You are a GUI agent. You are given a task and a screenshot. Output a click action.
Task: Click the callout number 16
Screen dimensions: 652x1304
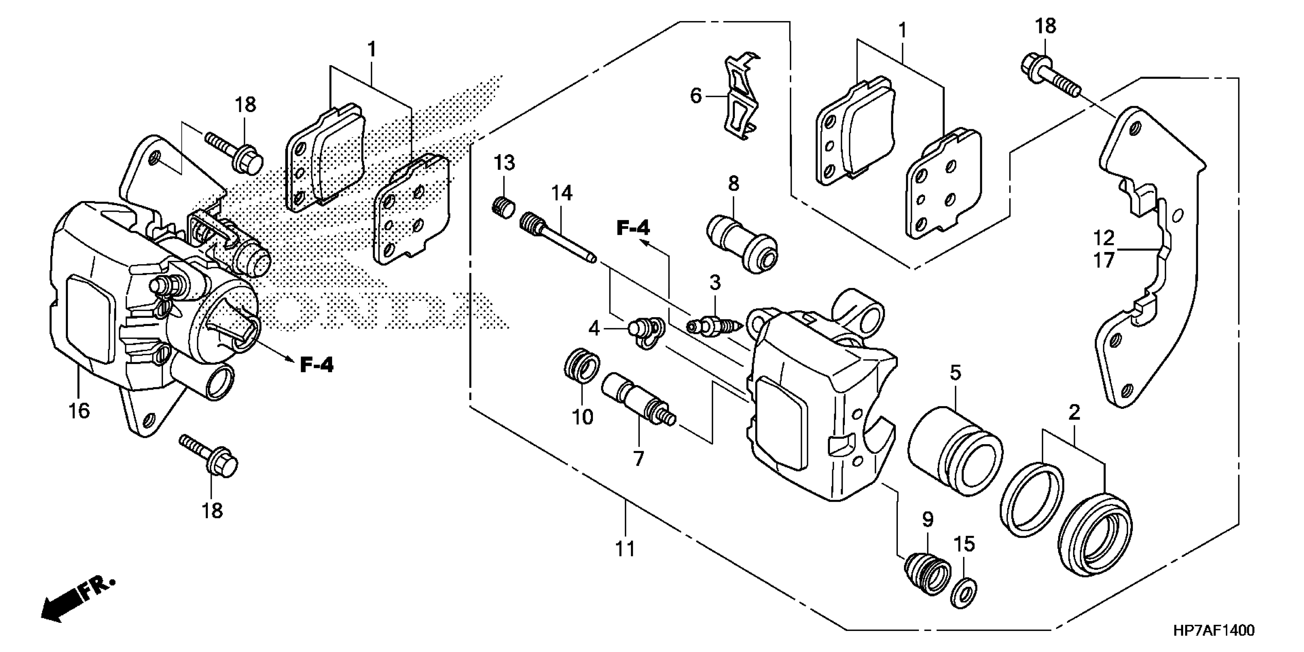coord(79,410)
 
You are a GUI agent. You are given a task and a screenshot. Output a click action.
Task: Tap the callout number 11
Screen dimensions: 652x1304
coord(625,548)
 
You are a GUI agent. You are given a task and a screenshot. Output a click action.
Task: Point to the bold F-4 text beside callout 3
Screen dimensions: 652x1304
coord(633,228)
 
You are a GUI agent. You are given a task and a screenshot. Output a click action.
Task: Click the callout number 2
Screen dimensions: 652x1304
coord(1074,413)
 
